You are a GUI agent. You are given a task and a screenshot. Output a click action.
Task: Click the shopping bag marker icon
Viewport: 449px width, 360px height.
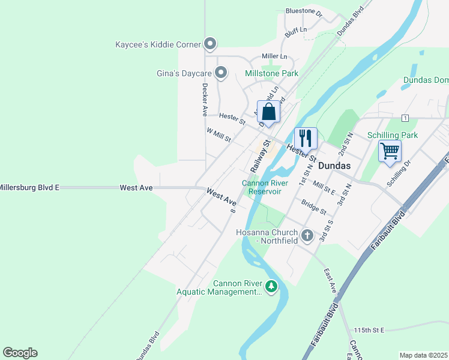(269, 112)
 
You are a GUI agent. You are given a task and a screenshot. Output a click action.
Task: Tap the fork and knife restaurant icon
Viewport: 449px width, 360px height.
(306, 139)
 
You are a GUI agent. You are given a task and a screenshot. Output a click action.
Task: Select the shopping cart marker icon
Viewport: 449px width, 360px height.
(390, 151)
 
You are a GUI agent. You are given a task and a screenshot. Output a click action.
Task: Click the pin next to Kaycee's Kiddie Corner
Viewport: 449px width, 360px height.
(210, 44)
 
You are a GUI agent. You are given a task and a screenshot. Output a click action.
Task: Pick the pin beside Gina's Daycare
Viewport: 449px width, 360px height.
(221, 73)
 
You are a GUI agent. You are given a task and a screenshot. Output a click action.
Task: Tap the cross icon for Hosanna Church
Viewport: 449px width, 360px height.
(307, 235)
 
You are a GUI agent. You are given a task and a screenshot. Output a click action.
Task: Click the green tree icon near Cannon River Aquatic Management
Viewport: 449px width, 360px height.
(272, 287)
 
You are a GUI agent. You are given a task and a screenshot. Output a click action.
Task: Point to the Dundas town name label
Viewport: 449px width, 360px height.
(335, 164)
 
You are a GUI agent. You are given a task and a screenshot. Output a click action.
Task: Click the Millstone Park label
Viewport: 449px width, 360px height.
(272, 74)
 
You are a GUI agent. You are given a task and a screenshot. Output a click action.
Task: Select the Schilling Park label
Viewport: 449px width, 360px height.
(393, 136)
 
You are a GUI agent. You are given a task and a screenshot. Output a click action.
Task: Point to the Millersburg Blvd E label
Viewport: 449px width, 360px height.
(29, 188)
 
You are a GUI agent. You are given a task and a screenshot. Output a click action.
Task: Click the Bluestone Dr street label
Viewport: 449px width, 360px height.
(304, 11)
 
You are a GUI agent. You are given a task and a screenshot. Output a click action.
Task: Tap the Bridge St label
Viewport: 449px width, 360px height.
(314, 208)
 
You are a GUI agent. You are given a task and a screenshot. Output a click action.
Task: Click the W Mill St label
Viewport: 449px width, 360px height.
(218, 134)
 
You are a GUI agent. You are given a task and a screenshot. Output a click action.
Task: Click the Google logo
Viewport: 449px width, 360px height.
(20, 353)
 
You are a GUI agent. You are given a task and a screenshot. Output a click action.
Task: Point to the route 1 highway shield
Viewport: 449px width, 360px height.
(406, 118)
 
